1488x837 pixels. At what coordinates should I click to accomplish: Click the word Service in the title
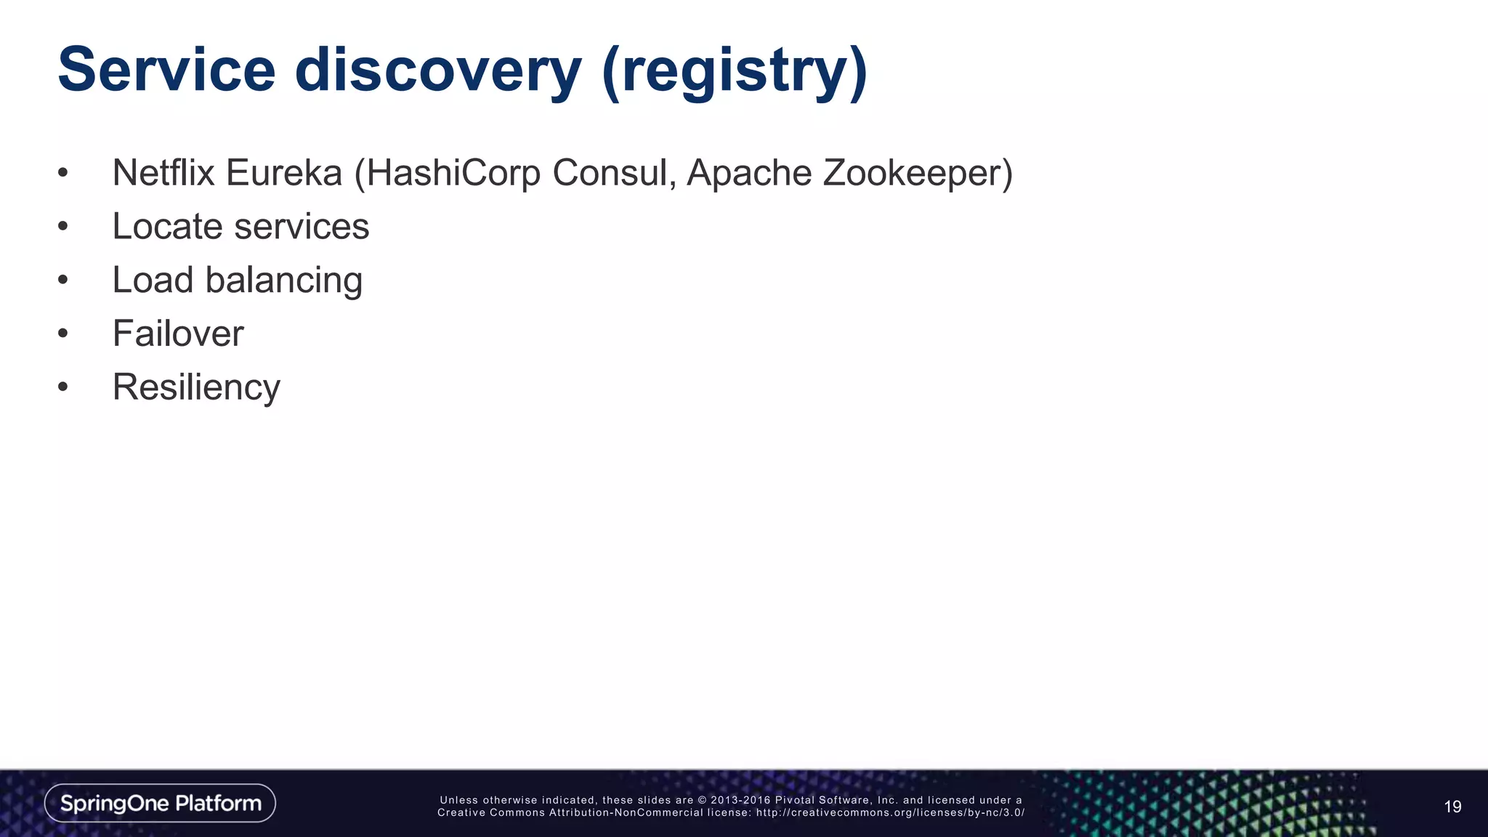[166, 70]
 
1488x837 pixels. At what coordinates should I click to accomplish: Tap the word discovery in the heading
[437, 70]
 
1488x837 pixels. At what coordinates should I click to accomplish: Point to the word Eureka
[283, 173]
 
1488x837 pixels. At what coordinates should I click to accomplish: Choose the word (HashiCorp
[447, 173]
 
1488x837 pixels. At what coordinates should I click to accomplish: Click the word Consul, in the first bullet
[614, 173]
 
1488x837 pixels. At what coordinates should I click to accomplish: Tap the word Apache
[748, 173]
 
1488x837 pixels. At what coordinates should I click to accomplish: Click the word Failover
[178, 333]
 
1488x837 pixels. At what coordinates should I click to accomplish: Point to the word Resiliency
[196, 387]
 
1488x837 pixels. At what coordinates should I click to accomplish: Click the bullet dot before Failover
[63, 333]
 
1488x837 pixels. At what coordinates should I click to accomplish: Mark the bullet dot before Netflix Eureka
[63, 173]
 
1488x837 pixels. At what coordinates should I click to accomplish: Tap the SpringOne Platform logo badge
[160, 803]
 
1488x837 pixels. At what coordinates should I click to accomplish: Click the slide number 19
[1452, 806]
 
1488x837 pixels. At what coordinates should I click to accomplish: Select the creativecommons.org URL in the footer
[890, 812]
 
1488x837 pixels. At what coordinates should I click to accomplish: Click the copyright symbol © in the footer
[702, 800]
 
